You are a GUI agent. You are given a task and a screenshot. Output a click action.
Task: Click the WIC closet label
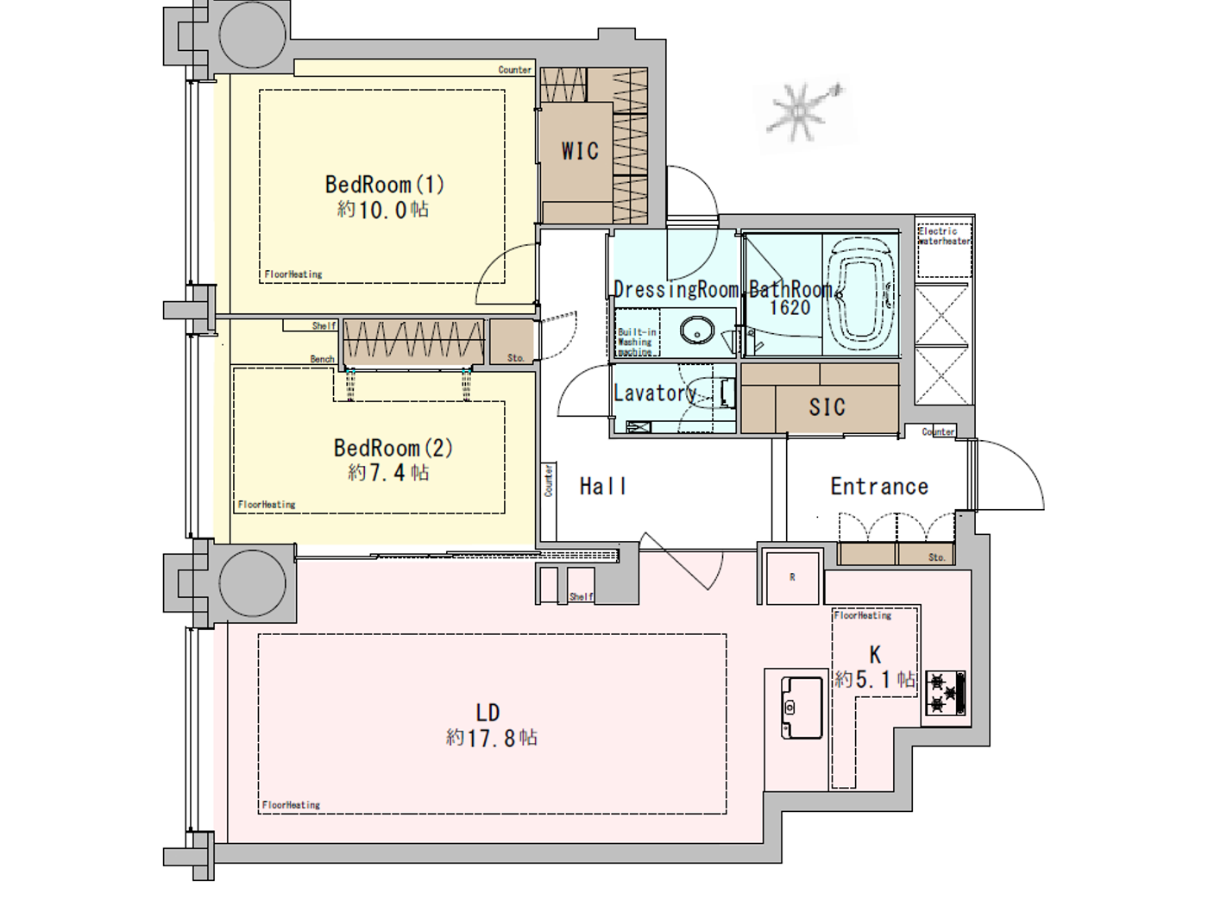(x=580, y=151)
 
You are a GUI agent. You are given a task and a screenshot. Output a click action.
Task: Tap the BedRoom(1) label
(x=384, y=185)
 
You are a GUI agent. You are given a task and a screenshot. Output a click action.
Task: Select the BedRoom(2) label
(x=393, y=448)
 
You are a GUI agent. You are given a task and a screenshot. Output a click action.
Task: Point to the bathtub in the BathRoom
(x=859, y=296)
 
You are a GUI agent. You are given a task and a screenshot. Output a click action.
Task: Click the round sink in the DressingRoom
(x=697, y=330)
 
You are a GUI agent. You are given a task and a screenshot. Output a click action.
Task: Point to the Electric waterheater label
(x=943, y=236)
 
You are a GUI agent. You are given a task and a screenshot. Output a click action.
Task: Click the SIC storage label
(x=827, y=407)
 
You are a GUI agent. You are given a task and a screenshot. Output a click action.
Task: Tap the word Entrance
(x=879, y=487)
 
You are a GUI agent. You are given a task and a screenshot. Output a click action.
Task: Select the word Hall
(x=602, y=487)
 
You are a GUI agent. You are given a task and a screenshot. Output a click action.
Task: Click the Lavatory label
(x=655, y=393)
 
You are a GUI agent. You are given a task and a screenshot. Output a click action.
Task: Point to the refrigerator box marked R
(x=792, y=577)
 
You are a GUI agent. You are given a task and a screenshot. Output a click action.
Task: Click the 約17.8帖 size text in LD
(x=492, y=738)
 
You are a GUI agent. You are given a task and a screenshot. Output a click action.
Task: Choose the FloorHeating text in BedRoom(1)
(x=293, y=274)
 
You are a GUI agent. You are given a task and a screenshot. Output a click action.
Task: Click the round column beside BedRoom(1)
(x=252, y=35)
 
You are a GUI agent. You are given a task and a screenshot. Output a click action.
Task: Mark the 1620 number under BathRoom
(x=790, y=308)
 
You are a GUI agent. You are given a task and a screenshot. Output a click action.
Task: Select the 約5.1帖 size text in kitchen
(x=874, y=680)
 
